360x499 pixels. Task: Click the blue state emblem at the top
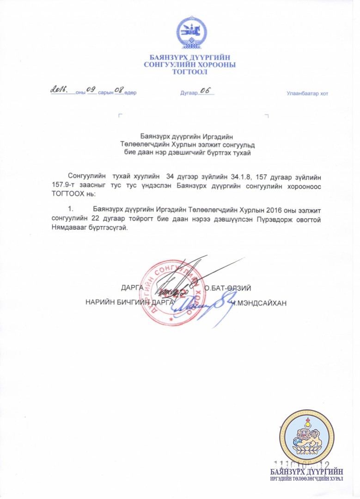[x=189, y=35]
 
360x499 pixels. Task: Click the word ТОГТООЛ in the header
[x=189, y=72]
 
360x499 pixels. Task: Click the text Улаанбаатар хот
[x=307, y=94]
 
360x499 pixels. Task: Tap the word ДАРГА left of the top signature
[x=132, y=288]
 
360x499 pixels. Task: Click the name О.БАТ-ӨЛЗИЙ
[x=228, y=288]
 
